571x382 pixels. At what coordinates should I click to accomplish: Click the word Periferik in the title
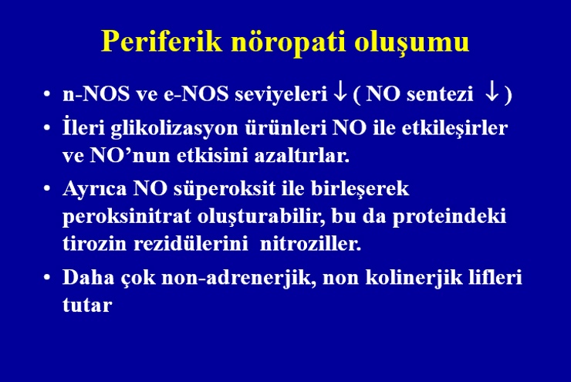[x=162, y=41]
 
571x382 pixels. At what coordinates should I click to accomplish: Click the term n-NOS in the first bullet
[x=96, y=93]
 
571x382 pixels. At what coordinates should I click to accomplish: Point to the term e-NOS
[x=196, y=93]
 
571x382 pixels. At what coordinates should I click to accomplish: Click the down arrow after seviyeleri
[x=340, y=93]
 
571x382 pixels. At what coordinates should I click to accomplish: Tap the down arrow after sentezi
[x=492, y=93]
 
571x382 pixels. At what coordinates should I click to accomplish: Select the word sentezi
[x=440, y=94]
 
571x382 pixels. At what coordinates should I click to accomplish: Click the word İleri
[x=83, y=127]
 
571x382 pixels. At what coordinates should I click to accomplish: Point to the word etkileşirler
[x=454, y=129]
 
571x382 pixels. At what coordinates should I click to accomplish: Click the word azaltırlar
[x=302, y=155]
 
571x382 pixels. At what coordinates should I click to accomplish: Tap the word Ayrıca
[x=95, y=189]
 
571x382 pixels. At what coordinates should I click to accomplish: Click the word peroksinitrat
[x=127, y=217]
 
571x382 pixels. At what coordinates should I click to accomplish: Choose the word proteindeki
[x=449, y=217]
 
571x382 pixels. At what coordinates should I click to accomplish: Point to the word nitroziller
[x=310, y=243]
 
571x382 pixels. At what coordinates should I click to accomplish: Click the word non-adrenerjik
[x=238, y=279]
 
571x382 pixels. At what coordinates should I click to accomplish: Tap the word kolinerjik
[x=414, y=279]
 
